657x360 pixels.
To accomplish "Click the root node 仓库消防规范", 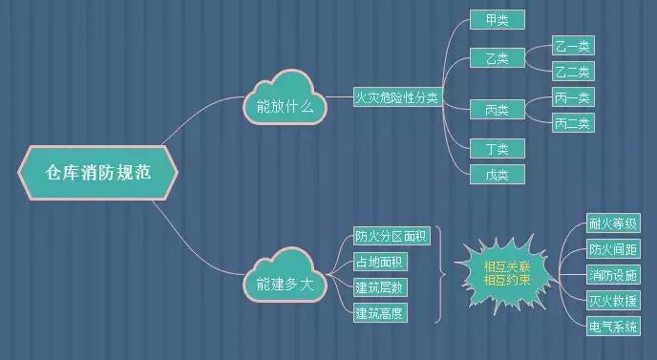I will (97, 172).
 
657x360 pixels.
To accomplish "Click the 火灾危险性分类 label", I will (397, 98).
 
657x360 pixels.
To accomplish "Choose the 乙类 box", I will (497, 58).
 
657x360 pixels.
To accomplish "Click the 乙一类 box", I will (573, 46).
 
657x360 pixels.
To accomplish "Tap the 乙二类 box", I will (573, 71).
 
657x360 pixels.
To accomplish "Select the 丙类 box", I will (497, 110).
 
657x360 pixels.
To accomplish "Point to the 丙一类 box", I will (573, 97).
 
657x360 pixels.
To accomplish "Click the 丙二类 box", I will (573, 122).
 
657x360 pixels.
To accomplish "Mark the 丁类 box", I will (497, 148).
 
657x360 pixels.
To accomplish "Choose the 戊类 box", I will (497, 174).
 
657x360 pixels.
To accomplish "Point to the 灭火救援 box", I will (613, 301).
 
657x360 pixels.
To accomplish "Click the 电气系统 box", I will (613, 327).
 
